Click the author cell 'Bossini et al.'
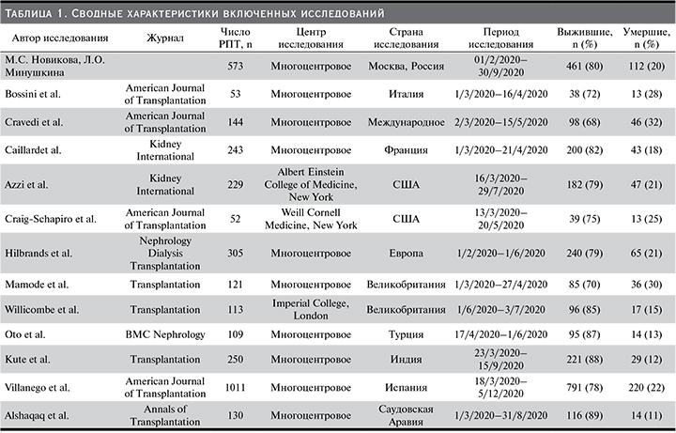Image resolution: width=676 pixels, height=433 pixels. [35, 95]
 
